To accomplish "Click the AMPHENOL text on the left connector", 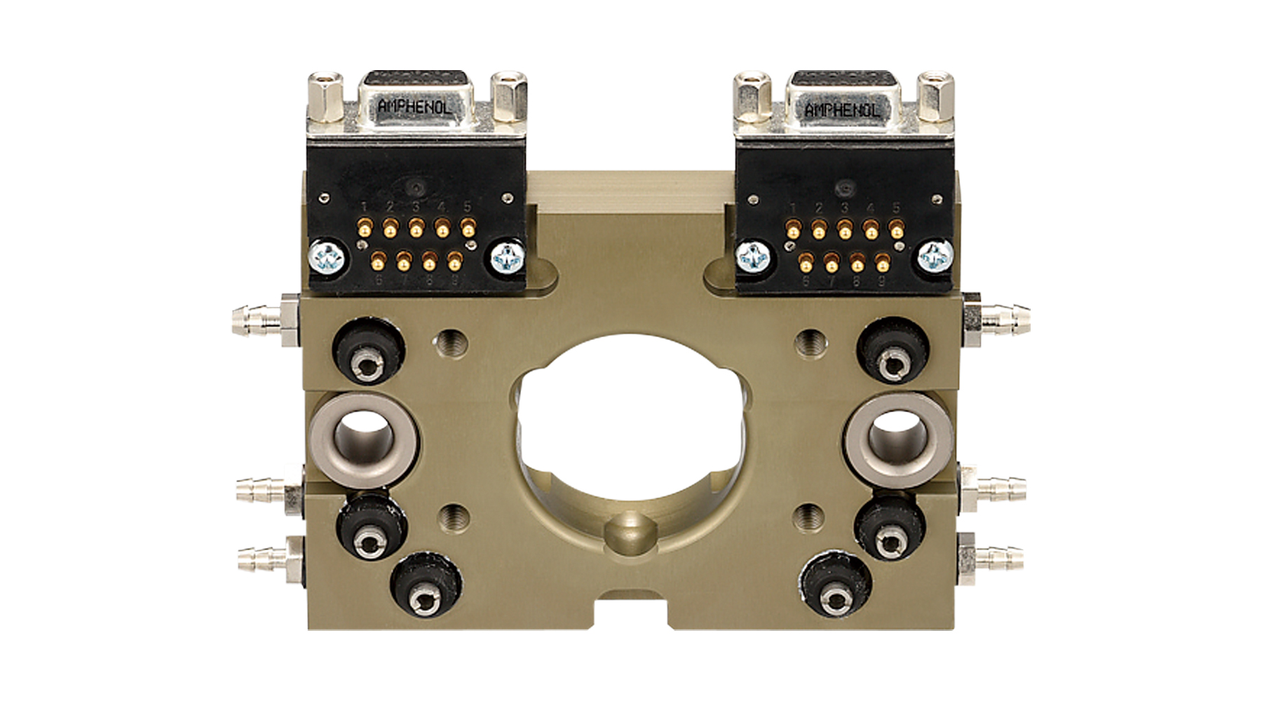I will [414, 107].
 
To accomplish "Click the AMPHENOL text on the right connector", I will [841, 109].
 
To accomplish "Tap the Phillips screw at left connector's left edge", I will [327, 257].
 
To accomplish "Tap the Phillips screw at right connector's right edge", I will [936, 257].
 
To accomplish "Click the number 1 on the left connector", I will [364, 207].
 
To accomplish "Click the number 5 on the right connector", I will [895, 208].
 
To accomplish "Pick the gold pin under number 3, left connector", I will [416, 228].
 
